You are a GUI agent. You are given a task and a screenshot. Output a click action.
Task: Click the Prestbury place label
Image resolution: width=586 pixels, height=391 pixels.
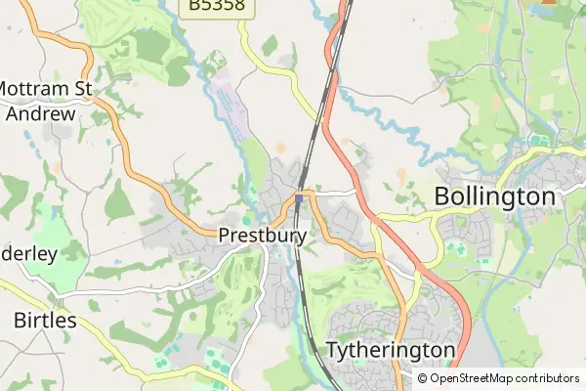pyautogui.click(x=263, y=236)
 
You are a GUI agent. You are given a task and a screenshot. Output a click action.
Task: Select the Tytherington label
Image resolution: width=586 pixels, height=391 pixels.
pyautogui.click(x=391, y=350)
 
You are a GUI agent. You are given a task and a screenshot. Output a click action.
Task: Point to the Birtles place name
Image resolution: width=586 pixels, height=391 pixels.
pyautogui.click(x=46, y=320)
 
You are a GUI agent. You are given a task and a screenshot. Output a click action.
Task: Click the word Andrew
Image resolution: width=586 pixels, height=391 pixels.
pyautogui.click(x=40, y=113)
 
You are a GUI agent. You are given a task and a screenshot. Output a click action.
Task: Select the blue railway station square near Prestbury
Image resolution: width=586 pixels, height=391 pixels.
pyautogui.click(x=299, y=198)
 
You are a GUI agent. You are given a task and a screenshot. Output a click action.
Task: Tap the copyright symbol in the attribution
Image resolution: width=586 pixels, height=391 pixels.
pyautogui.click(x=422, y=378)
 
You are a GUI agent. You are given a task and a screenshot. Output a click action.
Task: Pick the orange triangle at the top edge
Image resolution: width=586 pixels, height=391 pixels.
pyautogui.click(x=547, y=2)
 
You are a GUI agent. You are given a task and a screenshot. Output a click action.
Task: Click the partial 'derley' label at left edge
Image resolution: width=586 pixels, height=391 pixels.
pyautogui.click(x=29, y=253)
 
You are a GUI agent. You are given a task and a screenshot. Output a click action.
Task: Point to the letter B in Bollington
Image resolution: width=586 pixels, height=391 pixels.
pyautogui.click(x=441, y=196)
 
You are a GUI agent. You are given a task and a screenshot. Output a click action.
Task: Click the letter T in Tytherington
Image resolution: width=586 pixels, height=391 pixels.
pyautogui.click(x=332, y=350)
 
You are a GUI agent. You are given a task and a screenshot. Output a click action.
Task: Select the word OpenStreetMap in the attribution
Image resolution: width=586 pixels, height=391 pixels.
pyautogui.click(x=473, y=378)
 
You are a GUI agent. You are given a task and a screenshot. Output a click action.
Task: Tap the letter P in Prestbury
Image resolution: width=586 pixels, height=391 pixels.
pyautogui.click(x=226, y=236)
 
